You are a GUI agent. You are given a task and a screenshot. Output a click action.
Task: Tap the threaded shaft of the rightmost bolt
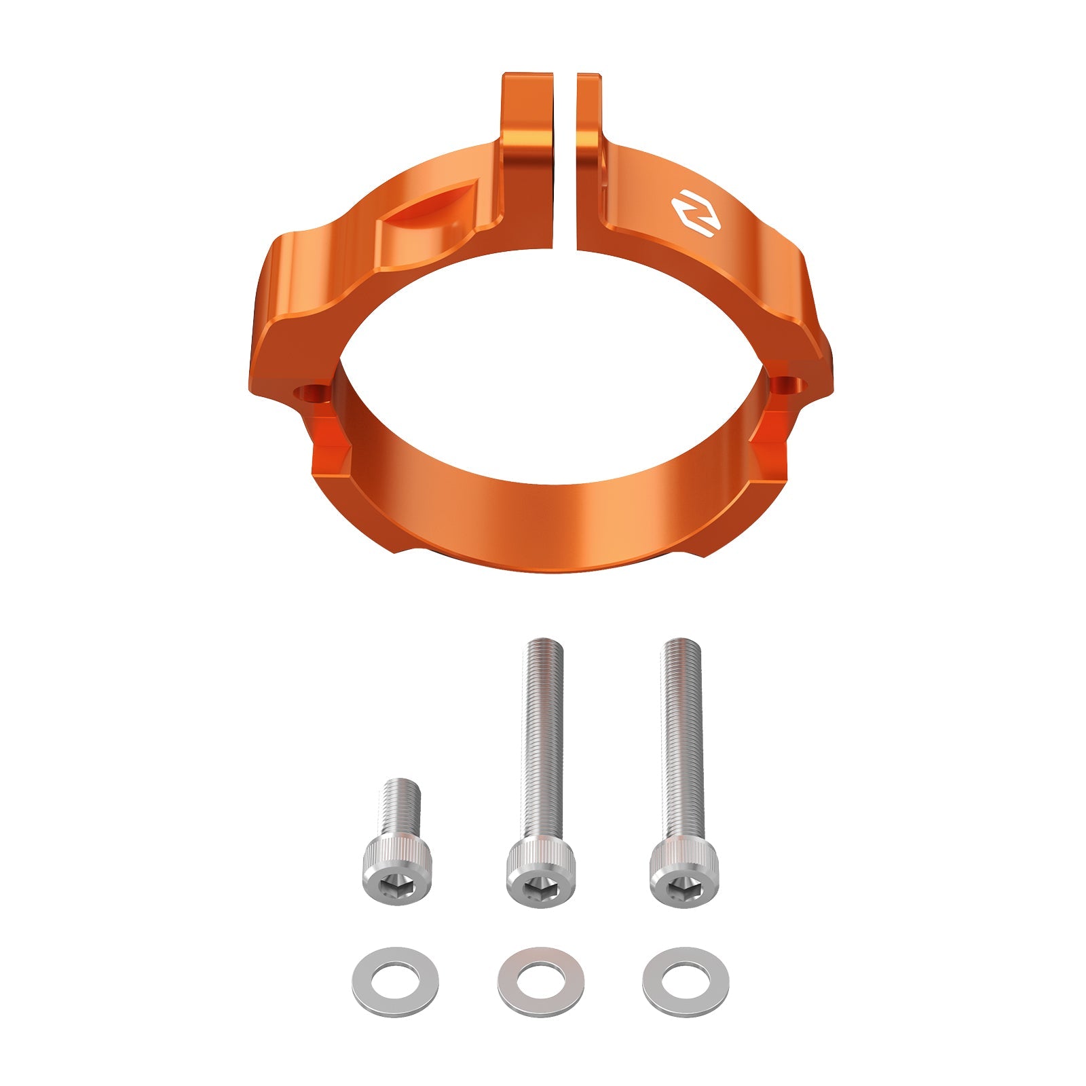tap(682, 740)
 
